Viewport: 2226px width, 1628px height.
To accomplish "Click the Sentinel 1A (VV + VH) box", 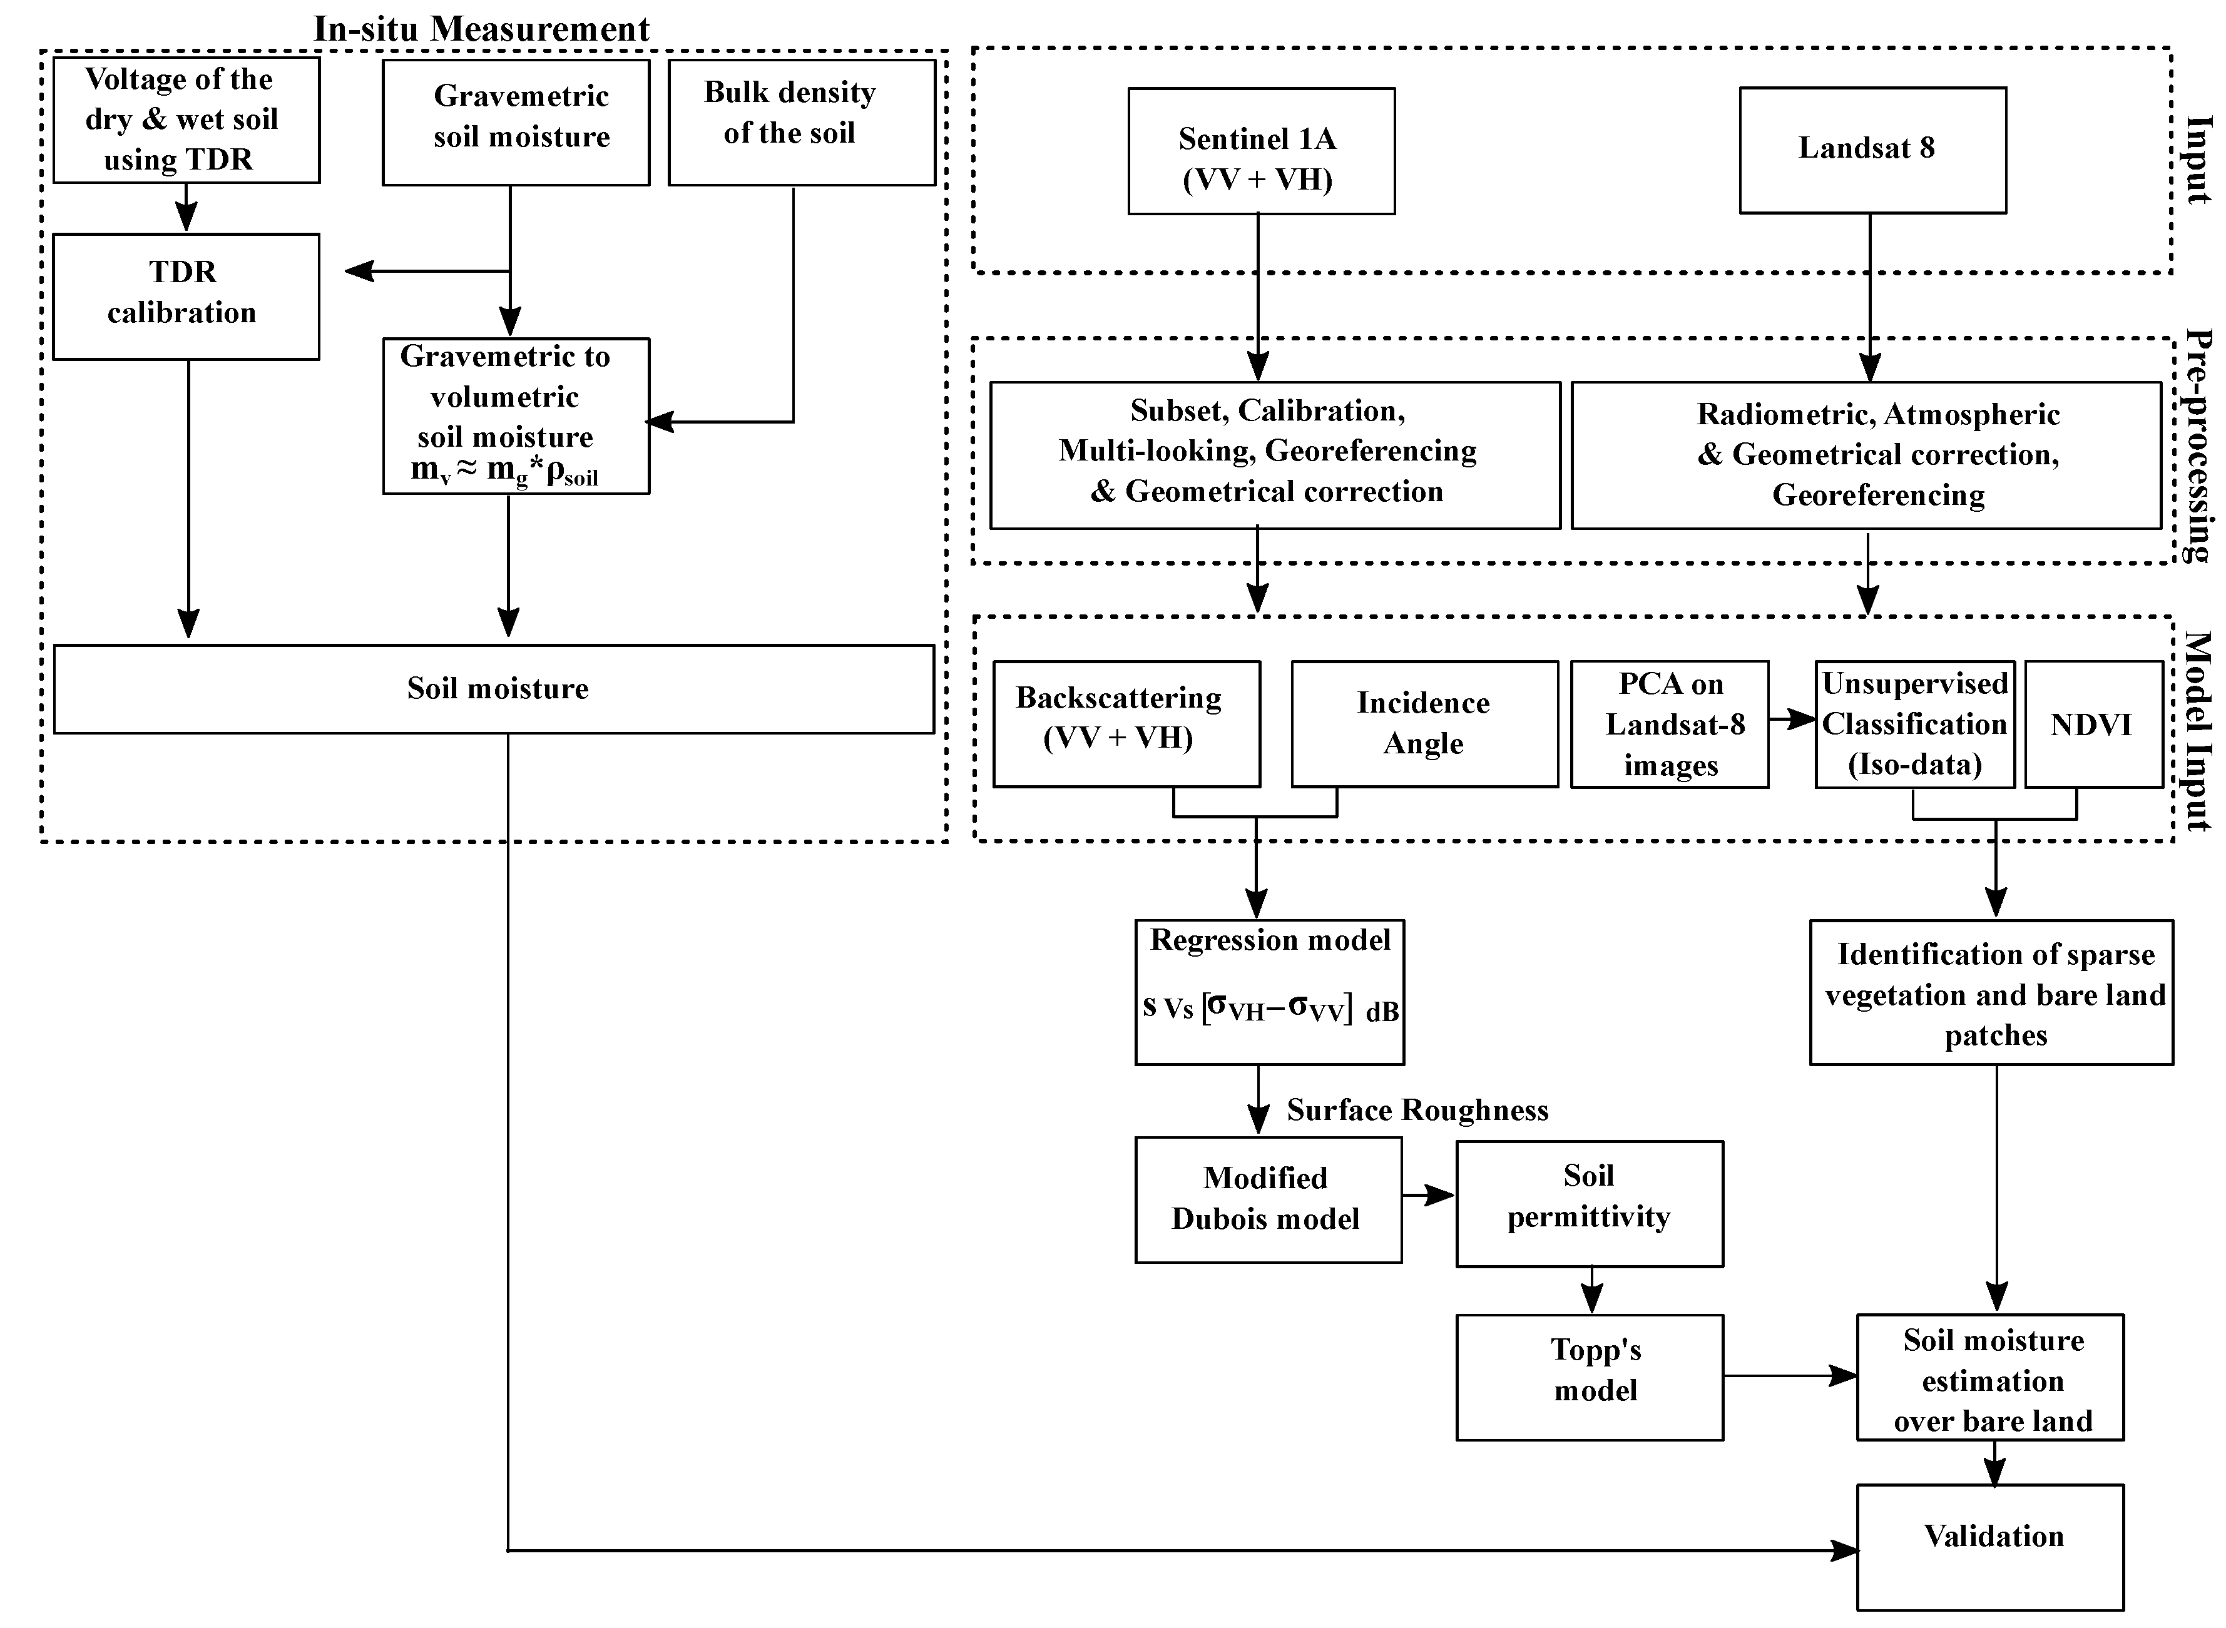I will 1260,151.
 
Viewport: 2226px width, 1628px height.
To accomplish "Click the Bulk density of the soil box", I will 800,122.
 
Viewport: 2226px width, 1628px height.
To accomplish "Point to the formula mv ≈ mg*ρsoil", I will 504,472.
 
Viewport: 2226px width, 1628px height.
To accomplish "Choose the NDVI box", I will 2093,725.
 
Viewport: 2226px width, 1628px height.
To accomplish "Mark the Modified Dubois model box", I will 1267,1199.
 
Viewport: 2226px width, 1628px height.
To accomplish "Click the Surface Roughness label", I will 1417,1111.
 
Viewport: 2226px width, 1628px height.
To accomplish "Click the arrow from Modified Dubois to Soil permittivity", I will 1428,1196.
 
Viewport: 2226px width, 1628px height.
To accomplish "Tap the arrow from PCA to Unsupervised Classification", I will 1792,720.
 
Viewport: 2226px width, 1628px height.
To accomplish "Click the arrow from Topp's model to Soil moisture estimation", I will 1789,1376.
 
